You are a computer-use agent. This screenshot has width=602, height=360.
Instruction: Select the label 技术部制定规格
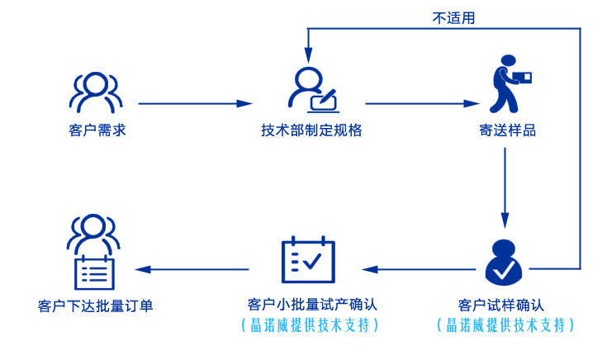tap(310, 131)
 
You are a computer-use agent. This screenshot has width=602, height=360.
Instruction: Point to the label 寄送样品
tap(507, 131)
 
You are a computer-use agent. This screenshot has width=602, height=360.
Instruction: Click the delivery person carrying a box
tap(507, 84)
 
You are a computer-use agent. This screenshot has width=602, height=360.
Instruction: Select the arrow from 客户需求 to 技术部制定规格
tap(195, 104)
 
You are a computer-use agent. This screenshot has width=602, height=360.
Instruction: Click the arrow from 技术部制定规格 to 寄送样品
tap(422, 104)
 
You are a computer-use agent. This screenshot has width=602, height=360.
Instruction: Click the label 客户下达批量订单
tap(95, 304)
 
